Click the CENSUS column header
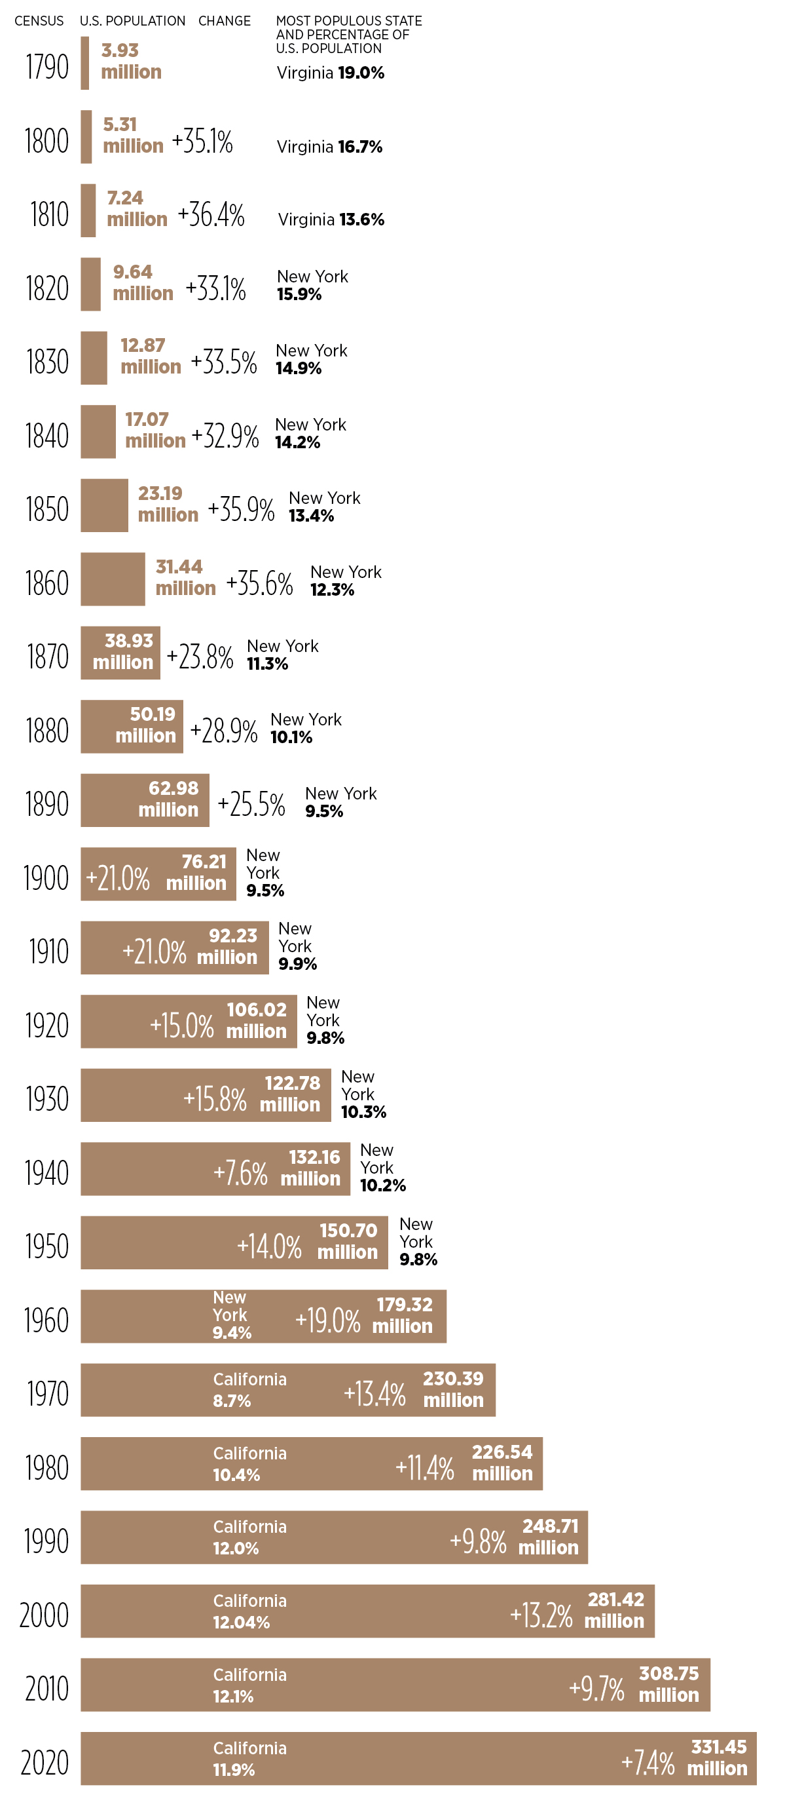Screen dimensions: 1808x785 tap(39, 21)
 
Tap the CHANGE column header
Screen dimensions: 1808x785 tap(224, 21)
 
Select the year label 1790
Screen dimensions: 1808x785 tap(47, 67)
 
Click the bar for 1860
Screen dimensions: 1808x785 tap(112, 579)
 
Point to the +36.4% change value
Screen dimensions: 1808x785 tap(211, 215)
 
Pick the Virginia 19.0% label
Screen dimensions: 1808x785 tap(331, 73)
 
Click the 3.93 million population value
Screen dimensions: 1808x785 tap(131, 61)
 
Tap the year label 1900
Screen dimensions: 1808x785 tap(46, 878)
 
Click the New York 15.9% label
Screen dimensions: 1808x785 tap(312, 285)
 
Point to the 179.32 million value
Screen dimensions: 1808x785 tap(403, 1315)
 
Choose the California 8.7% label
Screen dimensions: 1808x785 tap(249, 1390)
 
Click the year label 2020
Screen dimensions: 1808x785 tap(45, 1762)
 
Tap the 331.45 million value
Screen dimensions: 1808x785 tap(718, 1758)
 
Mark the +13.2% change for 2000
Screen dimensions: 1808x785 tap(541, 1615)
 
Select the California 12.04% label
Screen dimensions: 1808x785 tap(249, 1611)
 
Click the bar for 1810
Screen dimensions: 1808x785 tap(88, 210)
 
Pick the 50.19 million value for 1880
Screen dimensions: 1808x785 tap(146, 725)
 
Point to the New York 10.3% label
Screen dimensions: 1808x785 tap(363, 1094)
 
